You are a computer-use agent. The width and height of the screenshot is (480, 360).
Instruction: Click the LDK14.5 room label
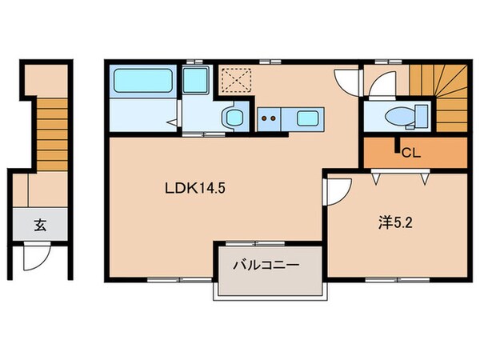[x=192, y=191]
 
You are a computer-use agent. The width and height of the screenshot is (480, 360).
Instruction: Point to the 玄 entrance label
[x=39, y=226]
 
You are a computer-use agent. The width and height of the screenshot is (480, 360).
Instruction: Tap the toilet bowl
[x=398, y=117]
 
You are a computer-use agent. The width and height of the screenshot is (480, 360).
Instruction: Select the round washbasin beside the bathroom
[x=233, y=118]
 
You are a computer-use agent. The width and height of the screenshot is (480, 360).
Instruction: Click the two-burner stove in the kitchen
[x=269, y=118]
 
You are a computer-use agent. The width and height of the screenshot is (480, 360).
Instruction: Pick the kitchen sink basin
[x=306, y=119]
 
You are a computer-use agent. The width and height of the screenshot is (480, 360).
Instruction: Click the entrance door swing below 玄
[x=34, y=257]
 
